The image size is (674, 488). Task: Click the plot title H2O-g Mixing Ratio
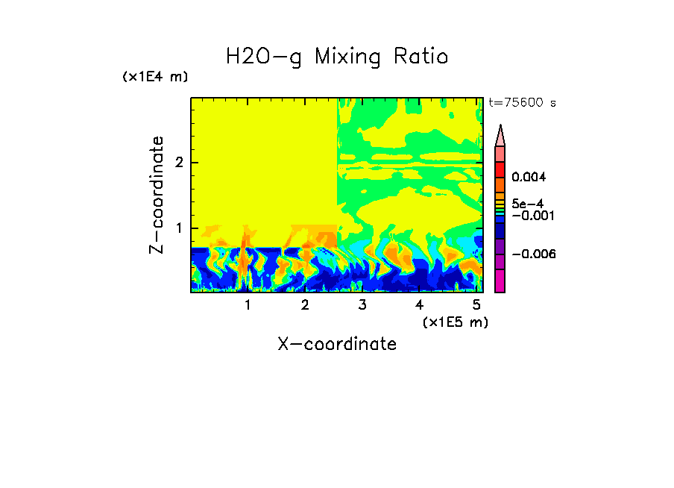337,57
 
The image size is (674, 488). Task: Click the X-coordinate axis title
337,344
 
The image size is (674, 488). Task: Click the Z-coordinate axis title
157,195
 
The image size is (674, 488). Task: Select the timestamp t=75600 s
522,103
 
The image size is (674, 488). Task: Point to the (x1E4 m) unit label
155,77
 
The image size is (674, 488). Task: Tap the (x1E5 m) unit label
455,322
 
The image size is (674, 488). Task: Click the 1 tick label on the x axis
248,305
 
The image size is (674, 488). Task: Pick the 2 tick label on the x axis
305,305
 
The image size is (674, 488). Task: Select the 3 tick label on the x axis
362,305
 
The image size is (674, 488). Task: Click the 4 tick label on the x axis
419,305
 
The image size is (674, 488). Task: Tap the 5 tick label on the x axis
476,305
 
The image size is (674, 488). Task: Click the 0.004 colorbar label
529,178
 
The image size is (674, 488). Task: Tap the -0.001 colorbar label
529,216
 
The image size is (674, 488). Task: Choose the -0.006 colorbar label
529,254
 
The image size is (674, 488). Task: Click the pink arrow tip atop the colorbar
500,136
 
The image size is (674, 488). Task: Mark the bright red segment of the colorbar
500,169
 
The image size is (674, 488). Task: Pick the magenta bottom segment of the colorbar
500,281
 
